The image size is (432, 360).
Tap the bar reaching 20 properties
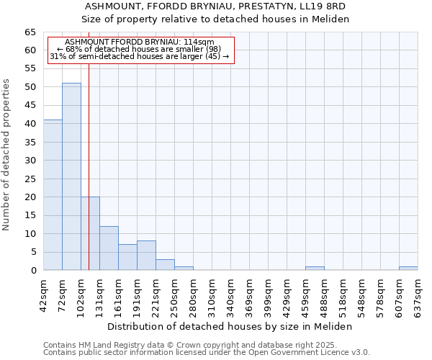[90, 233]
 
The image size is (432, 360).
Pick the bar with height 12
[109, 248]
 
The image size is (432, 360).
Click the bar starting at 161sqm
[127, 257]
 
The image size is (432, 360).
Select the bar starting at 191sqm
[146, 256]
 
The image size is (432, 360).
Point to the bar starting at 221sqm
[165, 264]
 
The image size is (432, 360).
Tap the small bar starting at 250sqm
[184, 268]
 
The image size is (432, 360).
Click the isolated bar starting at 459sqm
[315, 268]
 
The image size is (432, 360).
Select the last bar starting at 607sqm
[408, 268]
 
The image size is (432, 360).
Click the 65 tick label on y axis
[30, 32]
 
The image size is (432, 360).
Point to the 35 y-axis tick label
[30, 142]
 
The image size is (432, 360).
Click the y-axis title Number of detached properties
[6, 155]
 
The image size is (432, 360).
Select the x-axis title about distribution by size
[234, 326]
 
